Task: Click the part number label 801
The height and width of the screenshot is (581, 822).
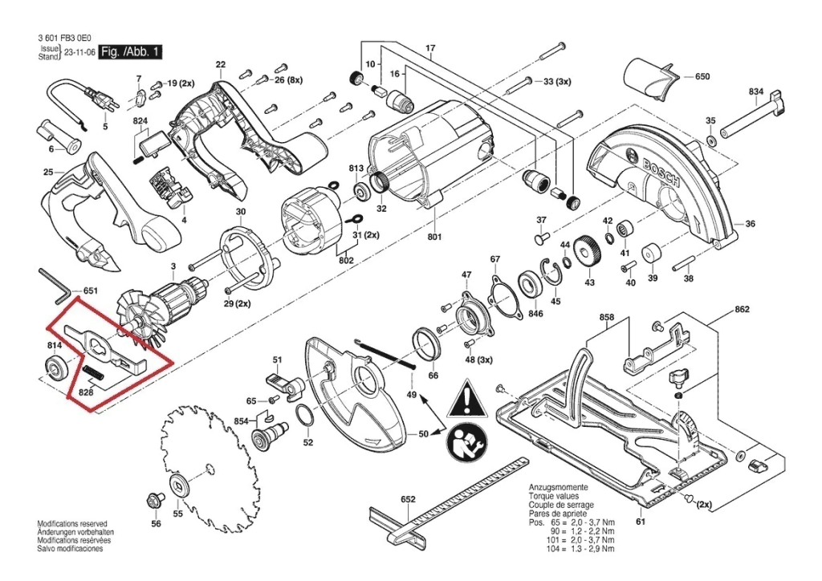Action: (x=435, y=237)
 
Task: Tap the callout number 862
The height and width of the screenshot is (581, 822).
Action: (x=741, y=310)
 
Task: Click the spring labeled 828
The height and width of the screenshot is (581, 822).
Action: (x=93, y=373)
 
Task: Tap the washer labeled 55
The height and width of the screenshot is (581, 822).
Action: (x=177, y=486)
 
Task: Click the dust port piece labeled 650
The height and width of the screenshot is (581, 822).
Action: (x=649, y=80)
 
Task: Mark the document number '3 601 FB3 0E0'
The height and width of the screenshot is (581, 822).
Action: (x=64, y=38)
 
